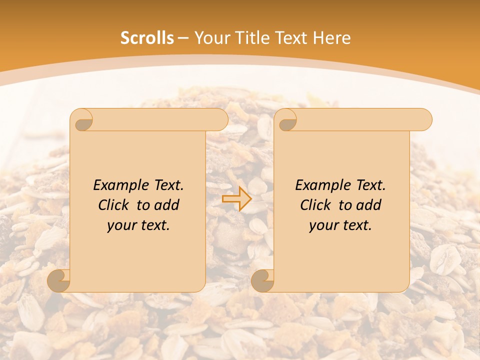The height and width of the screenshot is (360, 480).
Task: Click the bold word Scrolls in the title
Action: [147, 38]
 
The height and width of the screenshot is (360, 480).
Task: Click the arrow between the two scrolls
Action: [237, 198]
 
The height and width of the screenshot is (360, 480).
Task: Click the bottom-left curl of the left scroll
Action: [59, 280]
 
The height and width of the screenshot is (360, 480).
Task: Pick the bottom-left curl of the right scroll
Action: [262, 280]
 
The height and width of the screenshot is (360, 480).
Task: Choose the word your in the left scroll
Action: [121, 225]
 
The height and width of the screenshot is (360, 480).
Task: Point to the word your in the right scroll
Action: [323, 225]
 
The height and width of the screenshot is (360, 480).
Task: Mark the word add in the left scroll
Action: [167, 205]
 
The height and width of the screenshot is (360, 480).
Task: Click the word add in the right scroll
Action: [369, 205]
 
